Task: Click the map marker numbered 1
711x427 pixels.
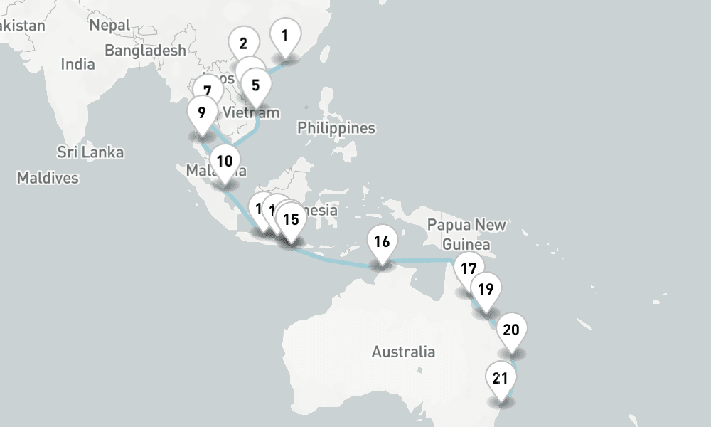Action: click(x=284, y=36)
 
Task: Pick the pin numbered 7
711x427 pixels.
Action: click(x=207, y=91)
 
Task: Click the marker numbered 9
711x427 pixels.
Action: click(x=202, y=112)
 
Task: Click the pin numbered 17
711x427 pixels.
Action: click(x=468, y=269)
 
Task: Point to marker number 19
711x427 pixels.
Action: click(x=486, y=290)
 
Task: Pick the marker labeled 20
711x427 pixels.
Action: click(x=511, y=330)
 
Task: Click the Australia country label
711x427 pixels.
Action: click(x=403, y=352)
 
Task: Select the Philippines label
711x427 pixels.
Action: click(x=336, y=128)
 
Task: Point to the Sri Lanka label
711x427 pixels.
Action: click(x=90, y=152)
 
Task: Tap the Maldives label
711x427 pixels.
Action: click(x=48, y=178)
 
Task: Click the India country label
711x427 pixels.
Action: click(x=77, y=64)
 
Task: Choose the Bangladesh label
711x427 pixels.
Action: click(x=145, y=51)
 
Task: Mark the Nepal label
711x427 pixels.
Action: click(x=109, y=26)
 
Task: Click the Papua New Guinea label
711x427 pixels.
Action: click(x=467, y=234)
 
